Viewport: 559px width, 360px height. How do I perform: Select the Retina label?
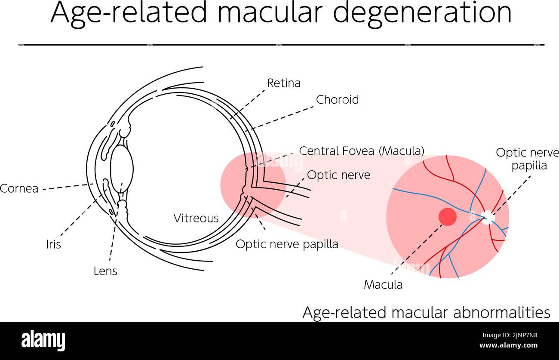coord(283,83)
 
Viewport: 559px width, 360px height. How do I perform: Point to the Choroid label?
coord(337,100)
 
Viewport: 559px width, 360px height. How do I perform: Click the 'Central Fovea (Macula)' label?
coord(362,151)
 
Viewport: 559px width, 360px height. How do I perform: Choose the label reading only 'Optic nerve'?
coord(338,175)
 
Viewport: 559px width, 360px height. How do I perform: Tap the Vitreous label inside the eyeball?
coord(196,218)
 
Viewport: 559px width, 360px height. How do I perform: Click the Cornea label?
coord(19,188)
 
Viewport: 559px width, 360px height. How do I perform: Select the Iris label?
coord(53,244)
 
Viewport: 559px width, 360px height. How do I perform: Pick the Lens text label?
coord(105,271)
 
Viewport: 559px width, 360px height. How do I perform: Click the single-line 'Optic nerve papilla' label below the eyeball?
coord(287,244)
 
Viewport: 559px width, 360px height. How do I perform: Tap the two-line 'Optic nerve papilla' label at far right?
coord(528,159)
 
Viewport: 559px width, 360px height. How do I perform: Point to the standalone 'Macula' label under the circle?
coord(383,284)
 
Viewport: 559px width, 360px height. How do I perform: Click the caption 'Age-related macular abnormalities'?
coord(426,312)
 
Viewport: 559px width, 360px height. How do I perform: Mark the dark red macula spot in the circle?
coord(447,217)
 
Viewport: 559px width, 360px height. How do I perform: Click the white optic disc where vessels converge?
coord(488,217)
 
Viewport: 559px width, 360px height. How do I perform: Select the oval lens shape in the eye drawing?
coord(122,169)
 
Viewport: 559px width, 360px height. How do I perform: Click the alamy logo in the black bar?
coord(43,340)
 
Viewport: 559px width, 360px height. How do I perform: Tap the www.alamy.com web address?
coord(508,345)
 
